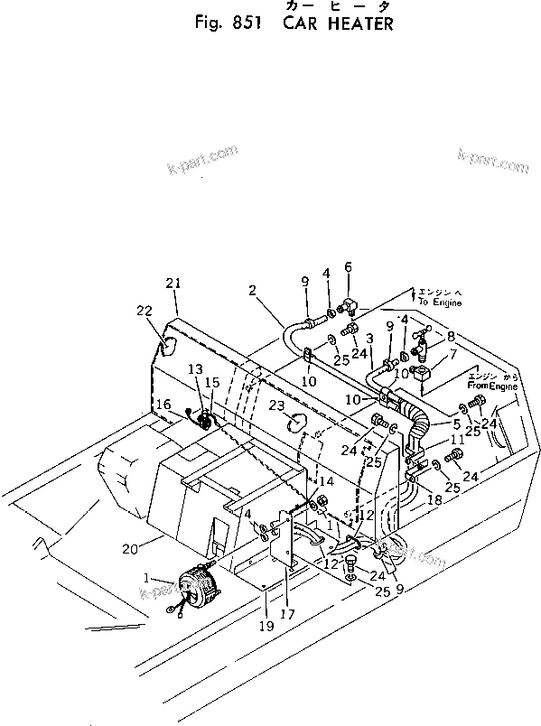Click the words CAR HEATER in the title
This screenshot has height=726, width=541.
click(x=339, y=23)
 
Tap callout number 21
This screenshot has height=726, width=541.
click(x=173, y=284)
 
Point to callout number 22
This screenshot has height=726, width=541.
click(x=145, y=311)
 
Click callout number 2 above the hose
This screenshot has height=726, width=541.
click(x=253, y=290)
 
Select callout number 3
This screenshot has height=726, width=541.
click(x=370, y=339)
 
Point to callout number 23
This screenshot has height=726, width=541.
click(x=275, y=405)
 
